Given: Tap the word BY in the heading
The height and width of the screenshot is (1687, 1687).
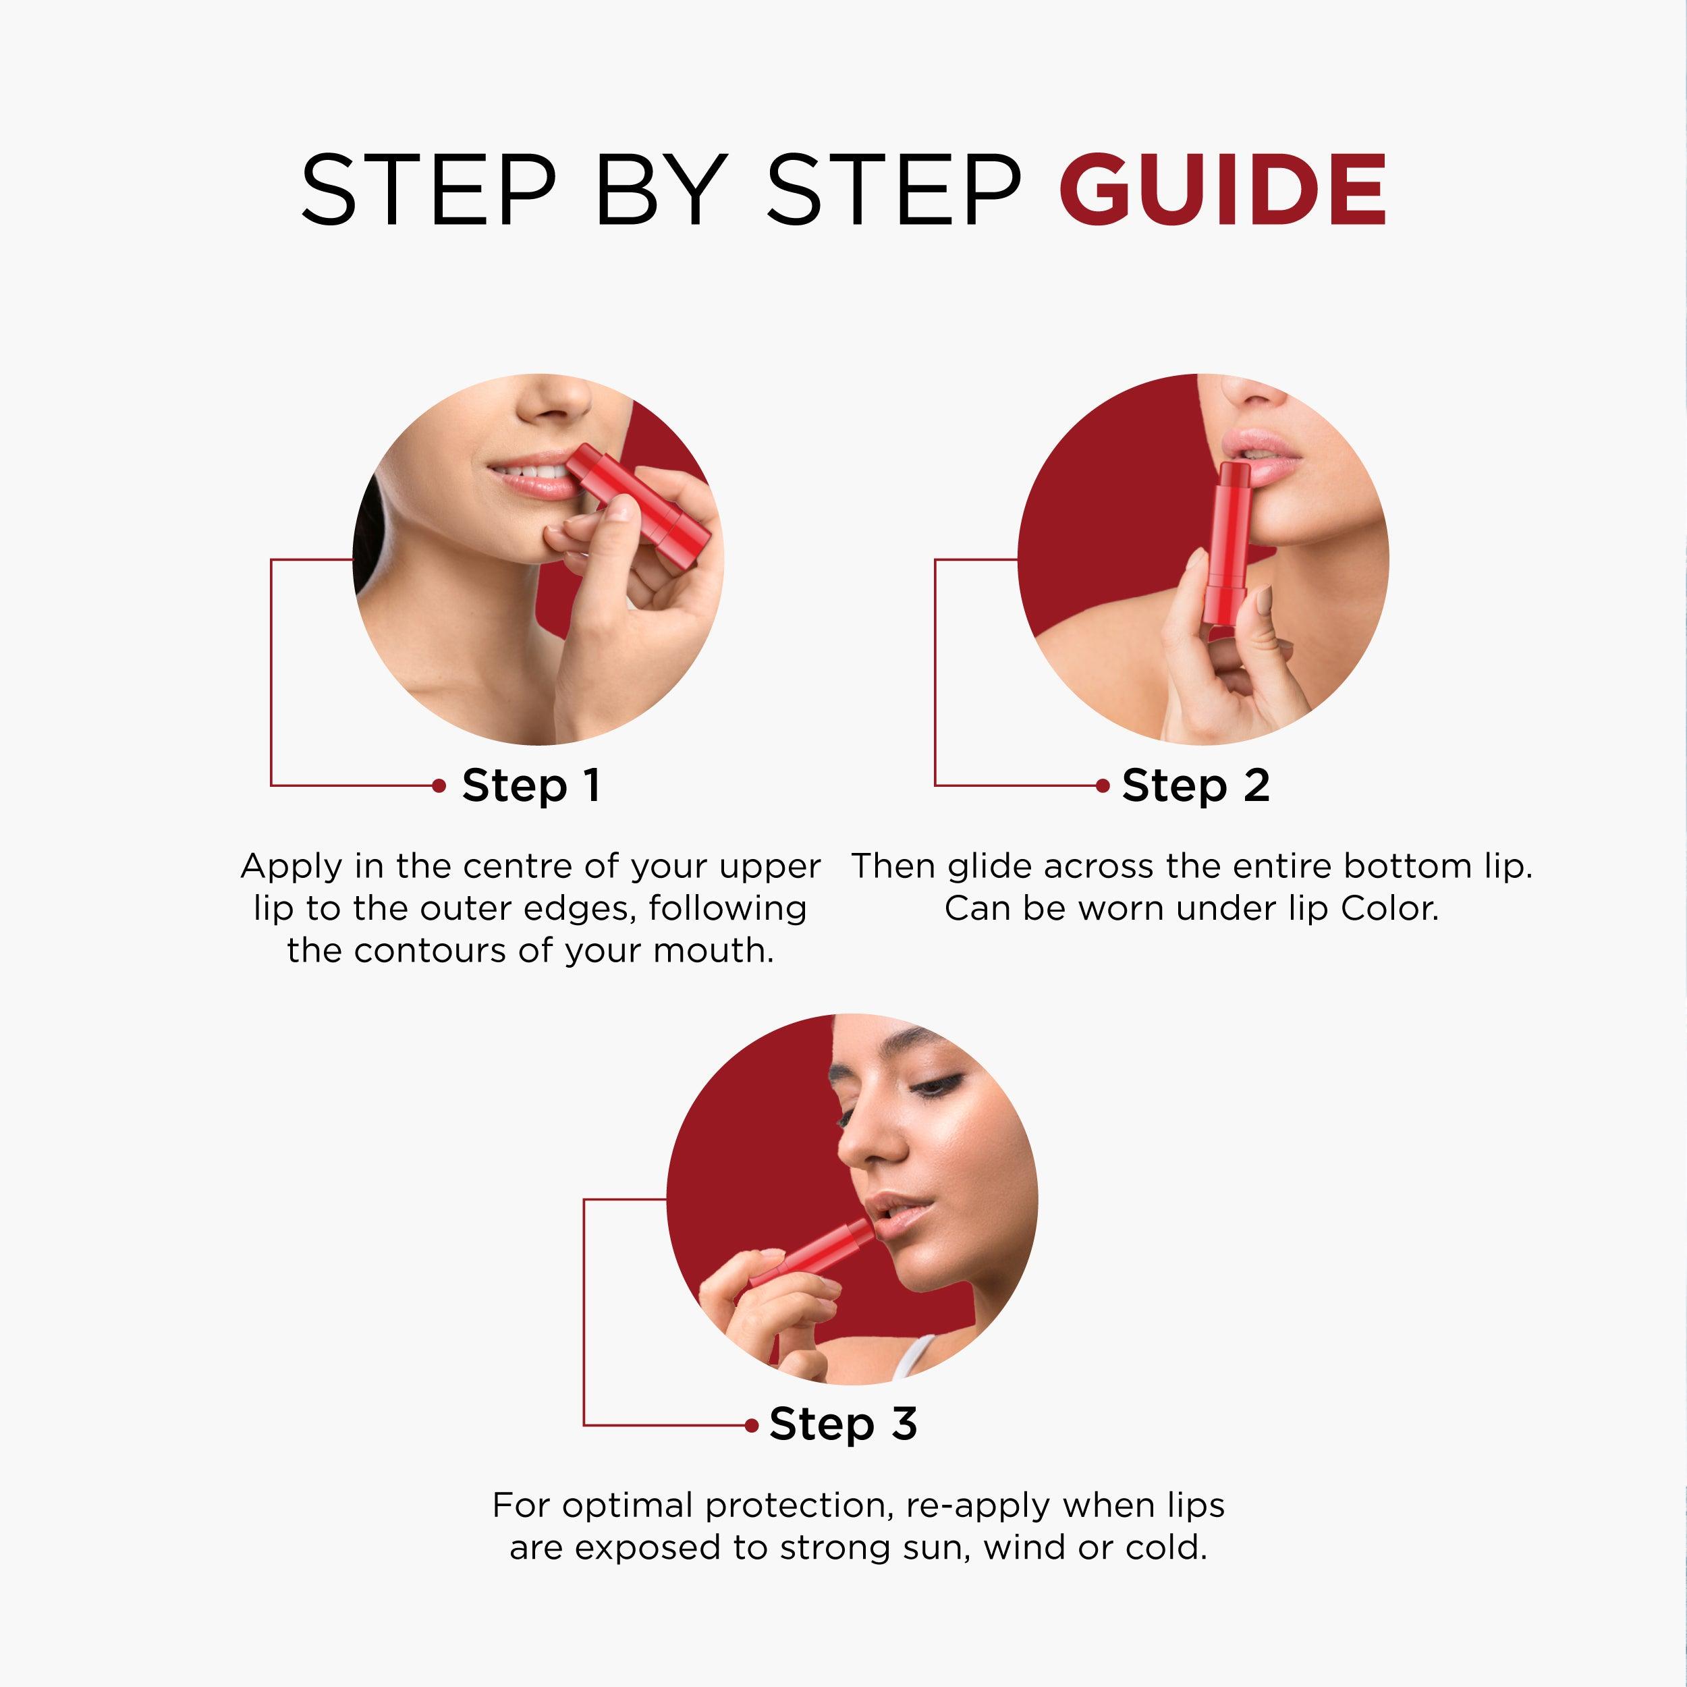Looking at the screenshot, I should tap(661, 190).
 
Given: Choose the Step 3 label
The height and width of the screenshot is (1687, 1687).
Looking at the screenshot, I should tap(843, 1425).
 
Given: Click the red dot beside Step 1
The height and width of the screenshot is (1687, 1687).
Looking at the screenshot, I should tap(439, 786).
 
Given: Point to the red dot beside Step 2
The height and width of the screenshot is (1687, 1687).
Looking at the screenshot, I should tap(1103, 786).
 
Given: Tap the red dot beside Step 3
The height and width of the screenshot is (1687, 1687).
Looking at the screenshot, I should tap(752, 1425).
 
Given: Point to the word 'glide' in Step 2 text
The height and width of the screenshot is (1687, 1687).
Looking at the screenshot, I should tap(991, 866).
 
